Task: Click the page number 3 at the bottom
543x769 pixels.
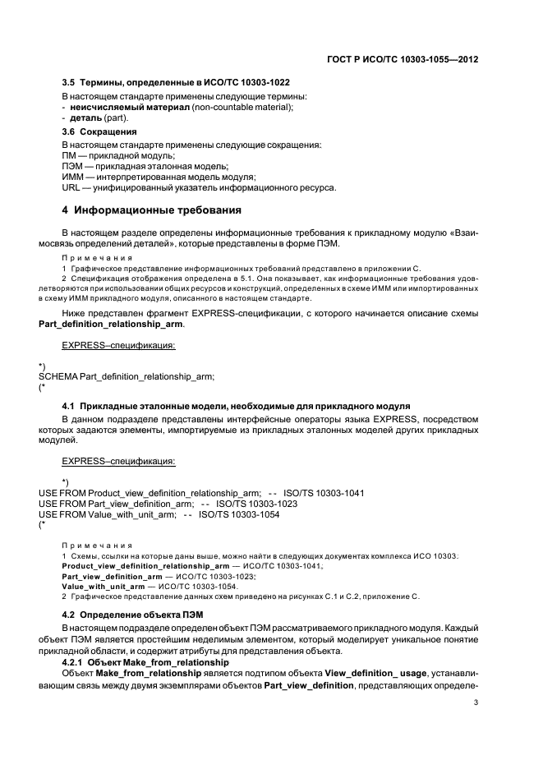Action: [x=476, y=702]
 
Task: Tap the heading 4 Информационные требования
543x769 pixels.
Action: [x=152, y=210]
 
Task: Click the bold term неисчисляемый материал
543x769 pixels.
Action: [x=120, y=107]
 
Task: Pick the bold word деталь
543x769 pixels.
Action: [x=88, y=118]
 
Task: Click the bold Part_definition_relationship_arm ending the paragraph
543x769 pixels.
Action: [x=111, y=325]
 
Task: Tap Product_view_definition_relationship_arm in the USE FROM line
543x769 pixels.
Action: [x=176, y=492]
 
